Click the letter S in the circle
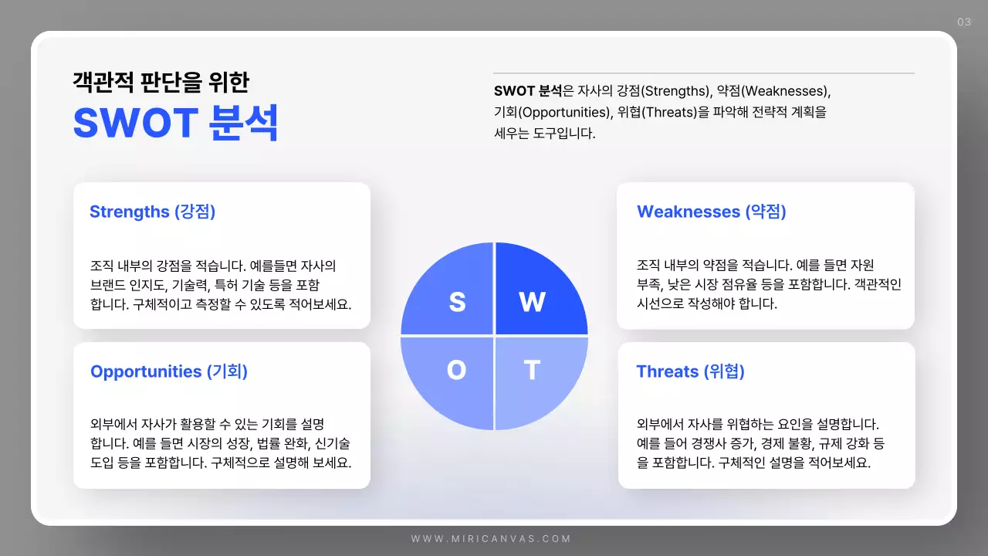click(457, 302)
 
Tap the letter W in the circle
click(532, 302)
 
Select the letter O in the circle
click(456, 371)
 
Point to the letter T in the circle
click(532, 371)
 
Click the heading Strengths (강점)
click(152, 212)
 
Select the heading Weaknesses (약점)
click(711, 212)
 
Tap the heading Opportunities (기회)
click(169, 371)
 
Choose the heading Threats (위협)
click(690, 371)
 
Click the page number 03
click(964, 22)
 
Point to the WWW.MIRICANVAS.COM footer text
click(491, 539)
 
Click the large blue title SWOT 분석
click(175, 123)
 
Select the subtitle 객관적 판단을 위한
click(161, 81)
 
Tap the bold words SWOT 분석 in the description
click(528, 90)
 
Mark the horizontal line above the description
click(704, 73)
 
